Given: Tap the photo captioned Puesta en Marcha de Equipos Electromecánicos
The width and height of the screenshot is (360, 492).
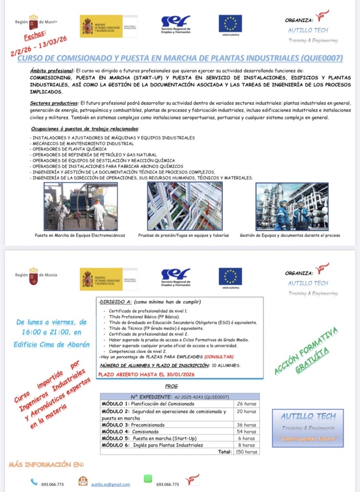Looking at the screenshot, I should pyautogui.click(x=80, y=206).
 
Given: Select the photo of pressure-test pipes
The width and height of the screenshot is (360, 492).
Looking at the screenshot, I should pyautogui.click(x=184, y=206).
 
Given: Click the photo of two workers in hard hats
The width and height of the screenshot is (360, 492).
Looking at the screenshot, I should pyautogui.click(x=292, y=206).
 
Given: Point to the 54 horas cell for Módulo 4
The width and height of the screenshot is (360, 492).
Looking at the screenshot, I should pyautogui.click(x=246, y=431).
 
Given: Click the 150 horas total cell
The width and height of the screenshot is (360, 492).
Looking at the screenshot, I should pyautogui.click(x=246, y=452).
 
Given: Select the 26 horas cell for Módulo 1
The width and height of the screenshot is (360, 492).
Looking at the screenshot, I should pyautogui.click(x=246, y=404).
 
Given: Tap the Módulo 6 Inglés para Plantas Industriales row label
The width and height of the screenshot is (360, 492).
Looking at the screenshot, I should pyautogui.click(x=152, y=445).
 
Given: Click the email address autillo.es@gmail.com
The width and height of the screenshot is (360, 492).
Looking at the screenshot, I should pyautogui.click(x=110, y=484).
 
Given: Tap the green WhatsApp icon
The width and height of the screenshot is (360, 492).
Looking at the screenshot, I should pyautogui.click(x=148, y=479).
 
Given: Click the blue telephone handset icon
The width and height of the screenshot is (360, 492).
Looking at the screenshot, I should pyautogui.click(x=34, y=481).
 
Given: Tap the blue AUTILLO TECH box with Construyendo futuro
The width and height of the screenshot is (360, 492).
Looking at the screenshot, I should pyautogui.click(x=308, y=426).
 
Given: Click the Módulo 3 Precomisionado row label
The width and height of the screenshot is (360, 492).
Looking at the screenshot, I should pyautogui.click(x=133, y=425).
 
